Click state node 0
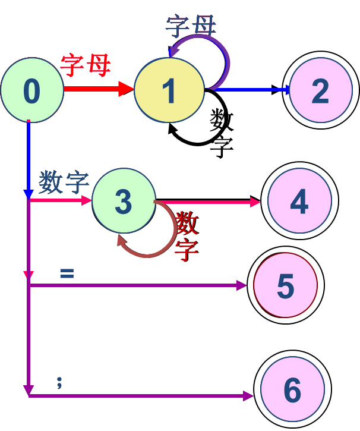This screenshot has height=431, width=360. pos(31,90)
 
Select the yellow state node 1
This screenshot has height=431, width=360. pos(169,90)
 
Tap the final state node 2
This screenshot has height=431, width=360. pos(321,90)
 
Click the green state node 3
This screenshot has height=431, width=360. pos(124,201)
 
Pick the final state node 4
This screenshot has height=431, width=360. pos(299,202)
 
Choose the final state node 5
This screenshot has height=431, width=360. pos(286,286)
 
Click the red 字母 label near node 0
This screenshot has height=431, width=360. pos(86,65)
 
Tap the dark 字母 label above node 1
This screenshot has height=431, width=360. pos(191,26)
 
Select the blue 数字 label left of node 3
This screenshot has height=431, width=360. pos(64,182)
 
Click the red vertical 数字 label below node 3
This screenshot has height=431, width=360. pos(186,237)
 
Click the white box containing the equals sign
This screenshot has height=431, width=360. pos(67,272)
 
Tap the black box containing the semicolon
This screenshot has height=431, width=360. pos(67,376)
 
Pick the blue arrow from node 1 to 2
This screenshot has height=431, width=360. pos(250,90)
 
